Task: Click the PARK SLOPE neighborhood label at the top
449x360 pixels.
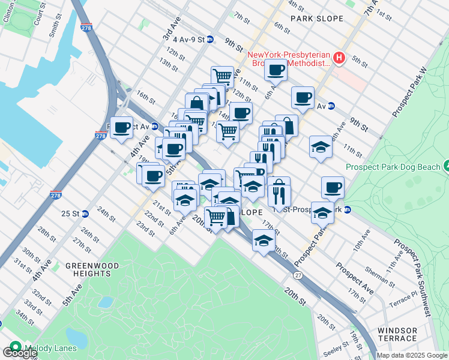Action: (x=317, y=19)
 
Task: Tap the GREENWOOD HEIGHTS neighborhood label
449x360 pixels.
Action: (x=92, y=269)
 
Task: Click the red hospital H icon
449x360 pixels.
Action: (x=339, y=58)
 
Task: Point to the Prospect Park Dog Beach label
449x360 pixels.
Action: (x=393, y=167)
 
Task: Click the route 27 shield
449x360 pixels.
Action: (x=298, y=274)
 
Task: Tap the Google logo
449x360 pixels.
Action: (x=19, y=352)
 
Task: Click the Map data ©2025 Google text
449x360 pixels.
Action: (x=411, y=355)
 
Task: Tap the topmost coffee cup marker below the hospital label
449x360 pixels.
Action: (x=276, y=70)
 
